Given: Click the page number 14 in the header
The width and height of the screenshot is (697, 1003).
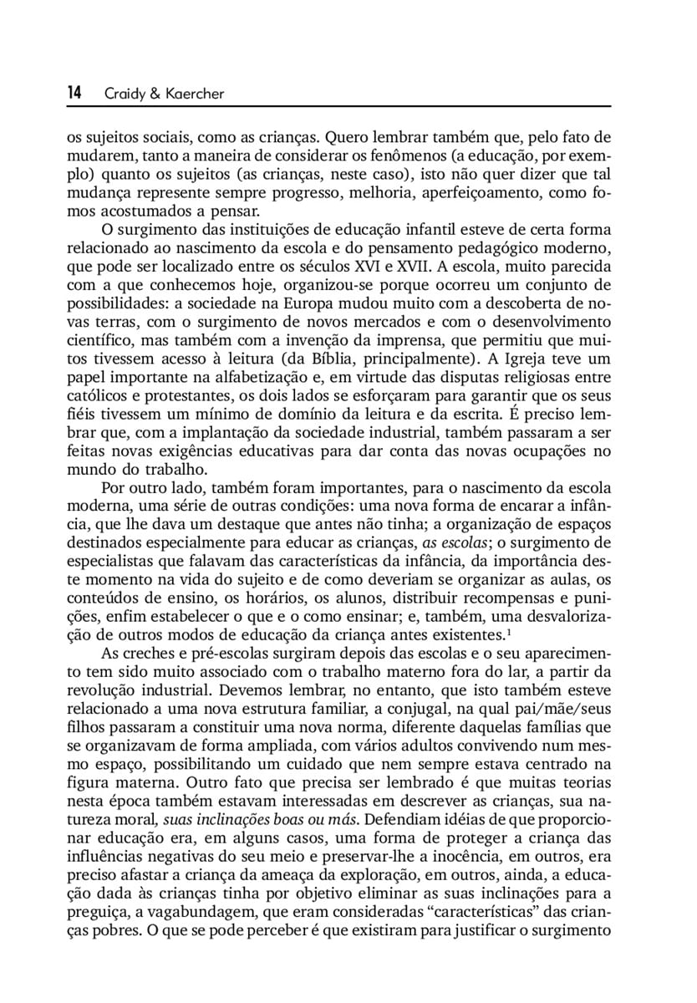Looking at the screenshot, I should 74,94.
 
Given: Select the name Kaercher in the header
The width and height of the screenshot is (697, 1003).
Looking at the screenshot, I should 194,94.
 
